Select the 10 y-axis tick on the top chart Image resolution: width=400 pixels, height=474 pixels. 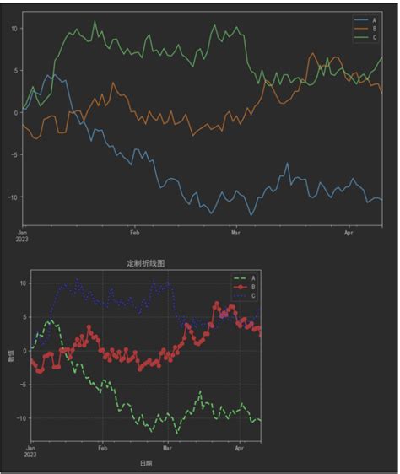pyautogui.click(x=14, y=28)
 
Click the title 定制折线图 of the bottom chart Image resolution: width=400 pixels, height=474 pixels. pyautogui.click(x=145, y=263)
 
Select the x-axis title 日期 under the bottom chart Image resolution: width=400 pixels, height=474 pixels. pyautogui.click(x=145, y=464)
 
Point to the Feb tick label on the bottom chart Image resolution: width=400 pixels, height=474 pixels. pyautogui.click(x=102, y=449)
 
